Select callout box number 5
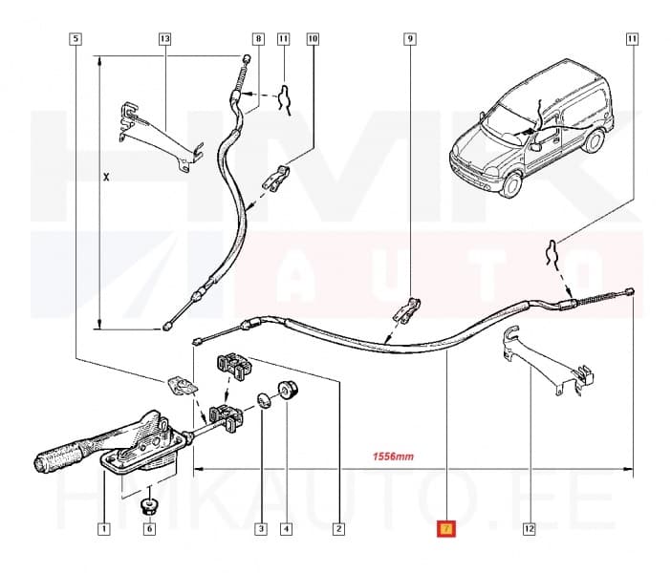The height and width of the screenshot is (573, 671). [76, 39]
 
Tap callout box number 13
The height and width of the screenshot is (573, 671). [164, 39]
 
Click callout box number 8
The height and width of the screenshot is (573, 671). [257, 39]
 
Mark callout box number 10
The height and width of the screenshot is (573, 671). [312, 39]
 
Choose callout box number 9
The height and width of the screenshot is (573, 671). [409, 39]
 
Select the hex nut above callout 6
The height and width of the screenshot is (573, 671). [149, 502]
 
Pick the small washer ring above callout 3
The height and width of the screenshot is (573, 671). [263, 400]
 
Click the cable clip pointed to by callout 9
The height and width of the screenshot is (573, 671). [406, 309]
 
